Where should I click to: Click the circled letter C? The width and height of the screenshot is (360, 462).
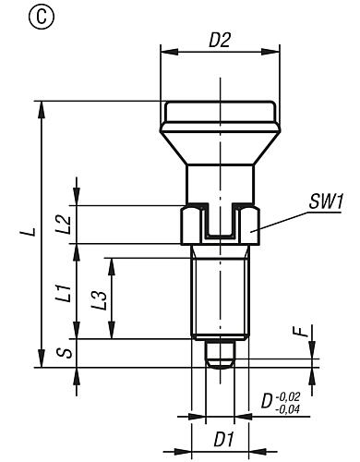pos(17,16)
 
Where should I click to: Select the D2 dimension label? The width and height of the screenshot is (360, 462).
pos(219,42)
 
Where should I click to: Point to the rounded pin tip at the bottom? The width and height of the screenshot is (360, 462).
pos(219,361)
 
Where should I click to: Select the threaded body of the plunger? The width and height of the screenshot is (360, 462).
pos(219,291)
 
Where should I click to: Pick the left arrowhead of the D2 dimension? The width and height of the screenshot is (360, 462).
pos(165,54)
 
